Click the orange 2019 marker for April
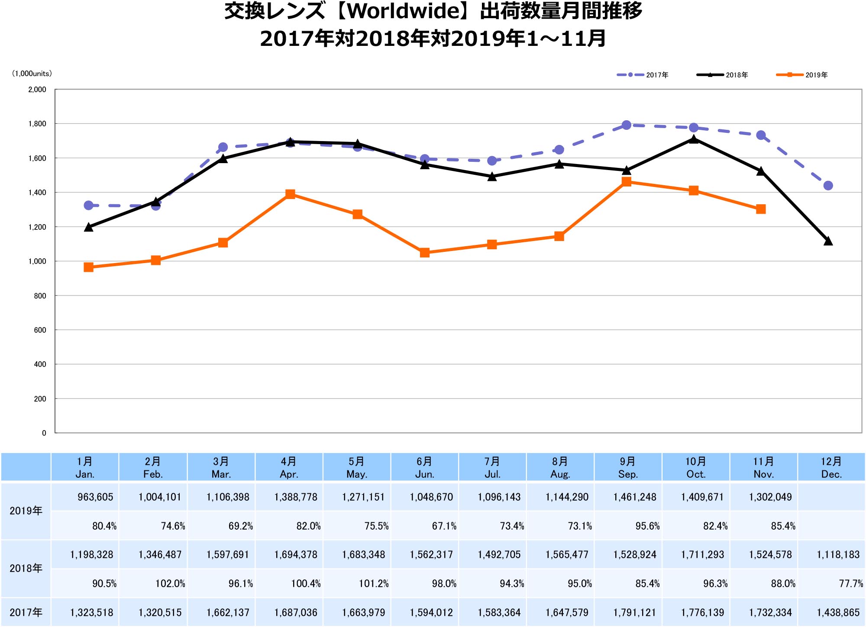290,194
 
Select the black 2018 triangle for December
828,241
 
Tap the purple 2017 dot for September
626,125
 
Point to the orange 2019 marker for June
425,253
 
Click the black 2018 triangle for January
89,227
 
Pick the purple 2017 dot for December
828,186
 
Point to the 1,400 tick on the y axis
37,193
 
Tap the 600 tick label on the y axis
40,330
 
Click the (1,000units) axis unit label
32,74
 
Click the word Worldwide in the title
404,11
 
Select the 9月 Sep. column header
628,467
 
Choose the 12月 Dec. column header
831,467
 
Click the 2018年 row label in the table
26,568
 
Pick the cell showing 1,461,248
635,497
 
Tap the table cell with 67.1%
444,526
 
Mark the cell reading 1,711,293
702,555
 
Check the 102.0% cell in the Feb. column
170,584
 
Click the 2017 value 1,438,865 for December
838,613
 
